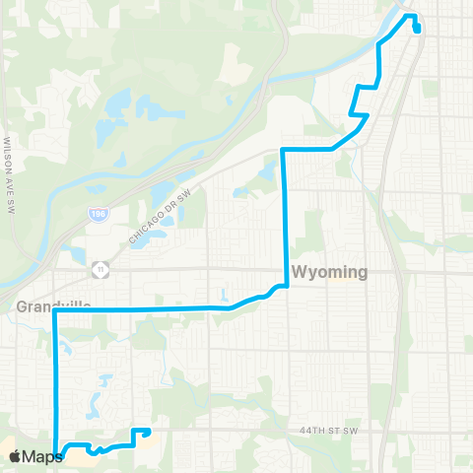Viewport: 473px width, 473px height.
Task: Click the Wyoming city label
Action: point(328,272)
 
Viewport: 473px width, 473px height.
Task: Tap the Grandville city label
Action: point(53,306)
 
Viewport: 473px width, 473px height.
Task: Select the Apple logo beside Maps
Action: point(16,457)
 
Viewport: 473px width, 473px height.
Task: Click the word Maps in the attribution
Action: point(42,457)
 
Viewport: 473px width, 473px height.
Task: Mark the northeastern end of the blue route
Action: point(418,28)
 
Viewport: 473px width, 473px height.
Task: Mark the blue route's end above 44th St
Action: point(148,430)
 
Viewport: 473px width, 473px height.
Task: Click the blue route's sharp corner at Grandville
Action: point(55,311)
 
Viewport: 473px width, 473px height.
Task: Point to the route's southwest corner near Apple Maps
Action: point(60,455)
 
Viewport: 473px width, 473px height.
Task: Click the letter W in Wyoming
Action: point(298,272)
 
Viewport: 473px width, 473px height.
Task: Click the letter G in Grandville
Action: point(23,306)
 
